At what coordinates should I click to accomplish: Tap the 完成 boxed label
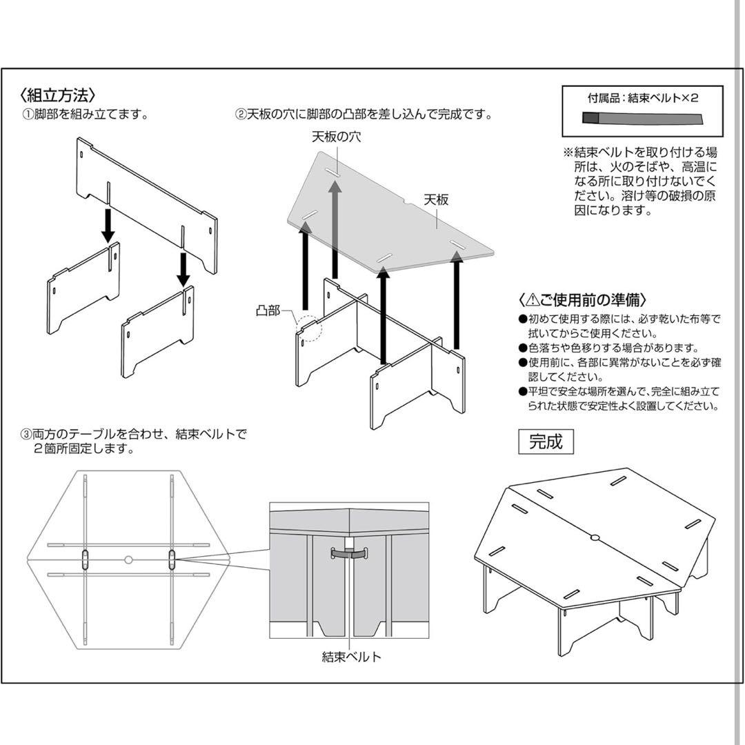[x=546, y=441]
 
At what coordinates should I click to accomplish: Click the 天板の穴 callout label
[x=335, y=137]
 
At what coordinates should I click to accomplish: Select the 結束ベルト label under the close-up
[x=351, y=657]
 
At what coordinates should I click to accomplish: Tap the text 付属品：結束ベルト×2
[x=643, y=98]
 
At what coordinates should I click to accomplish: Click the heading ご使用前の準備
[x=583, y=300]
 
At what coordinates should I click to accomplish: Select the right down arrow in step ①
[x=183, y=268]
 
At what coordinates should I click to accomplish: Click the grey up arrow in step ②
[x=335, y=228]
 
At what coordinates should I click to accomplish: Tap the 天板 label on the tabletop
[x=436, y=200]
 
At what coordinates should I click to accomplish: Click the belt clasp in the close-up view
[x=350, y=553]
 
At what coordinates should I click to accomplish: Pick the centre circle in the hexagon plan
[x=128, y=559]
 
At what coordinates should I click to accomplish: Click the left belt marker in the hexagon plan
[x=85, y=559]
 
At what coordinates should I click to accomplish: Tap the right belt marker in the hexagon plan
[x=172, y=559]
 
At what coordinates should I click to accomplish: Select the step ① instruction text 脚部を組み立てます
[x=86, y=115]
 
